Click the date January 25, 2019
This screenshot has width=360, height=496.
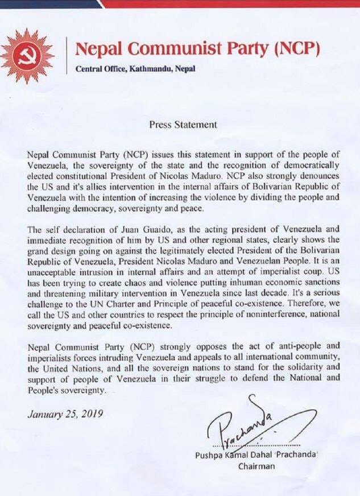coord(65,414)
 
